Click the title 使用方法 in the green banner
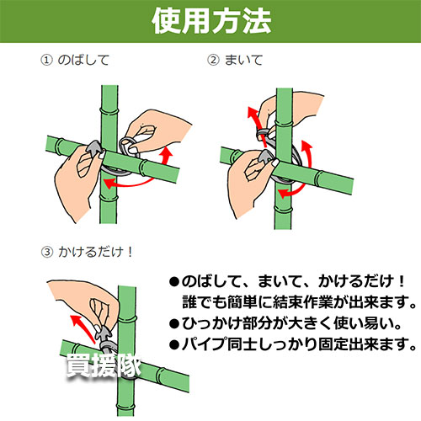pos(211,21)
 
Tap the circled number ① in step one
pos(47,60)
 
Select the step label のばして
pos(83,60)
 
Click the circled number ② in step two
pos(213,60)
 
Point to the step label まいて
pos(243,60)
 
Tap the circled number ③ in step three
pos(47,252)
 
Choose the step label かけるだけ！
pos(95,252)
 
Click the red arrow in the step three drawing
pos(83,328)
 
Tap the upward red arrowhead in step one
pos(168,153)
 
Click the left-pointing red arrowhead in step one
pos(108,184)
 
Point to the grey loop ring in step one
pos(129,146)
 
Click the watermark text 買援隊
pos(104,365)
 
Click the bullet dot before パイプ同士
pos(174,344)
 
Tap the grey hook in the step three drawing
pos(103,335)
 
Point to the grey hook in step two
pos(265,159)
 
